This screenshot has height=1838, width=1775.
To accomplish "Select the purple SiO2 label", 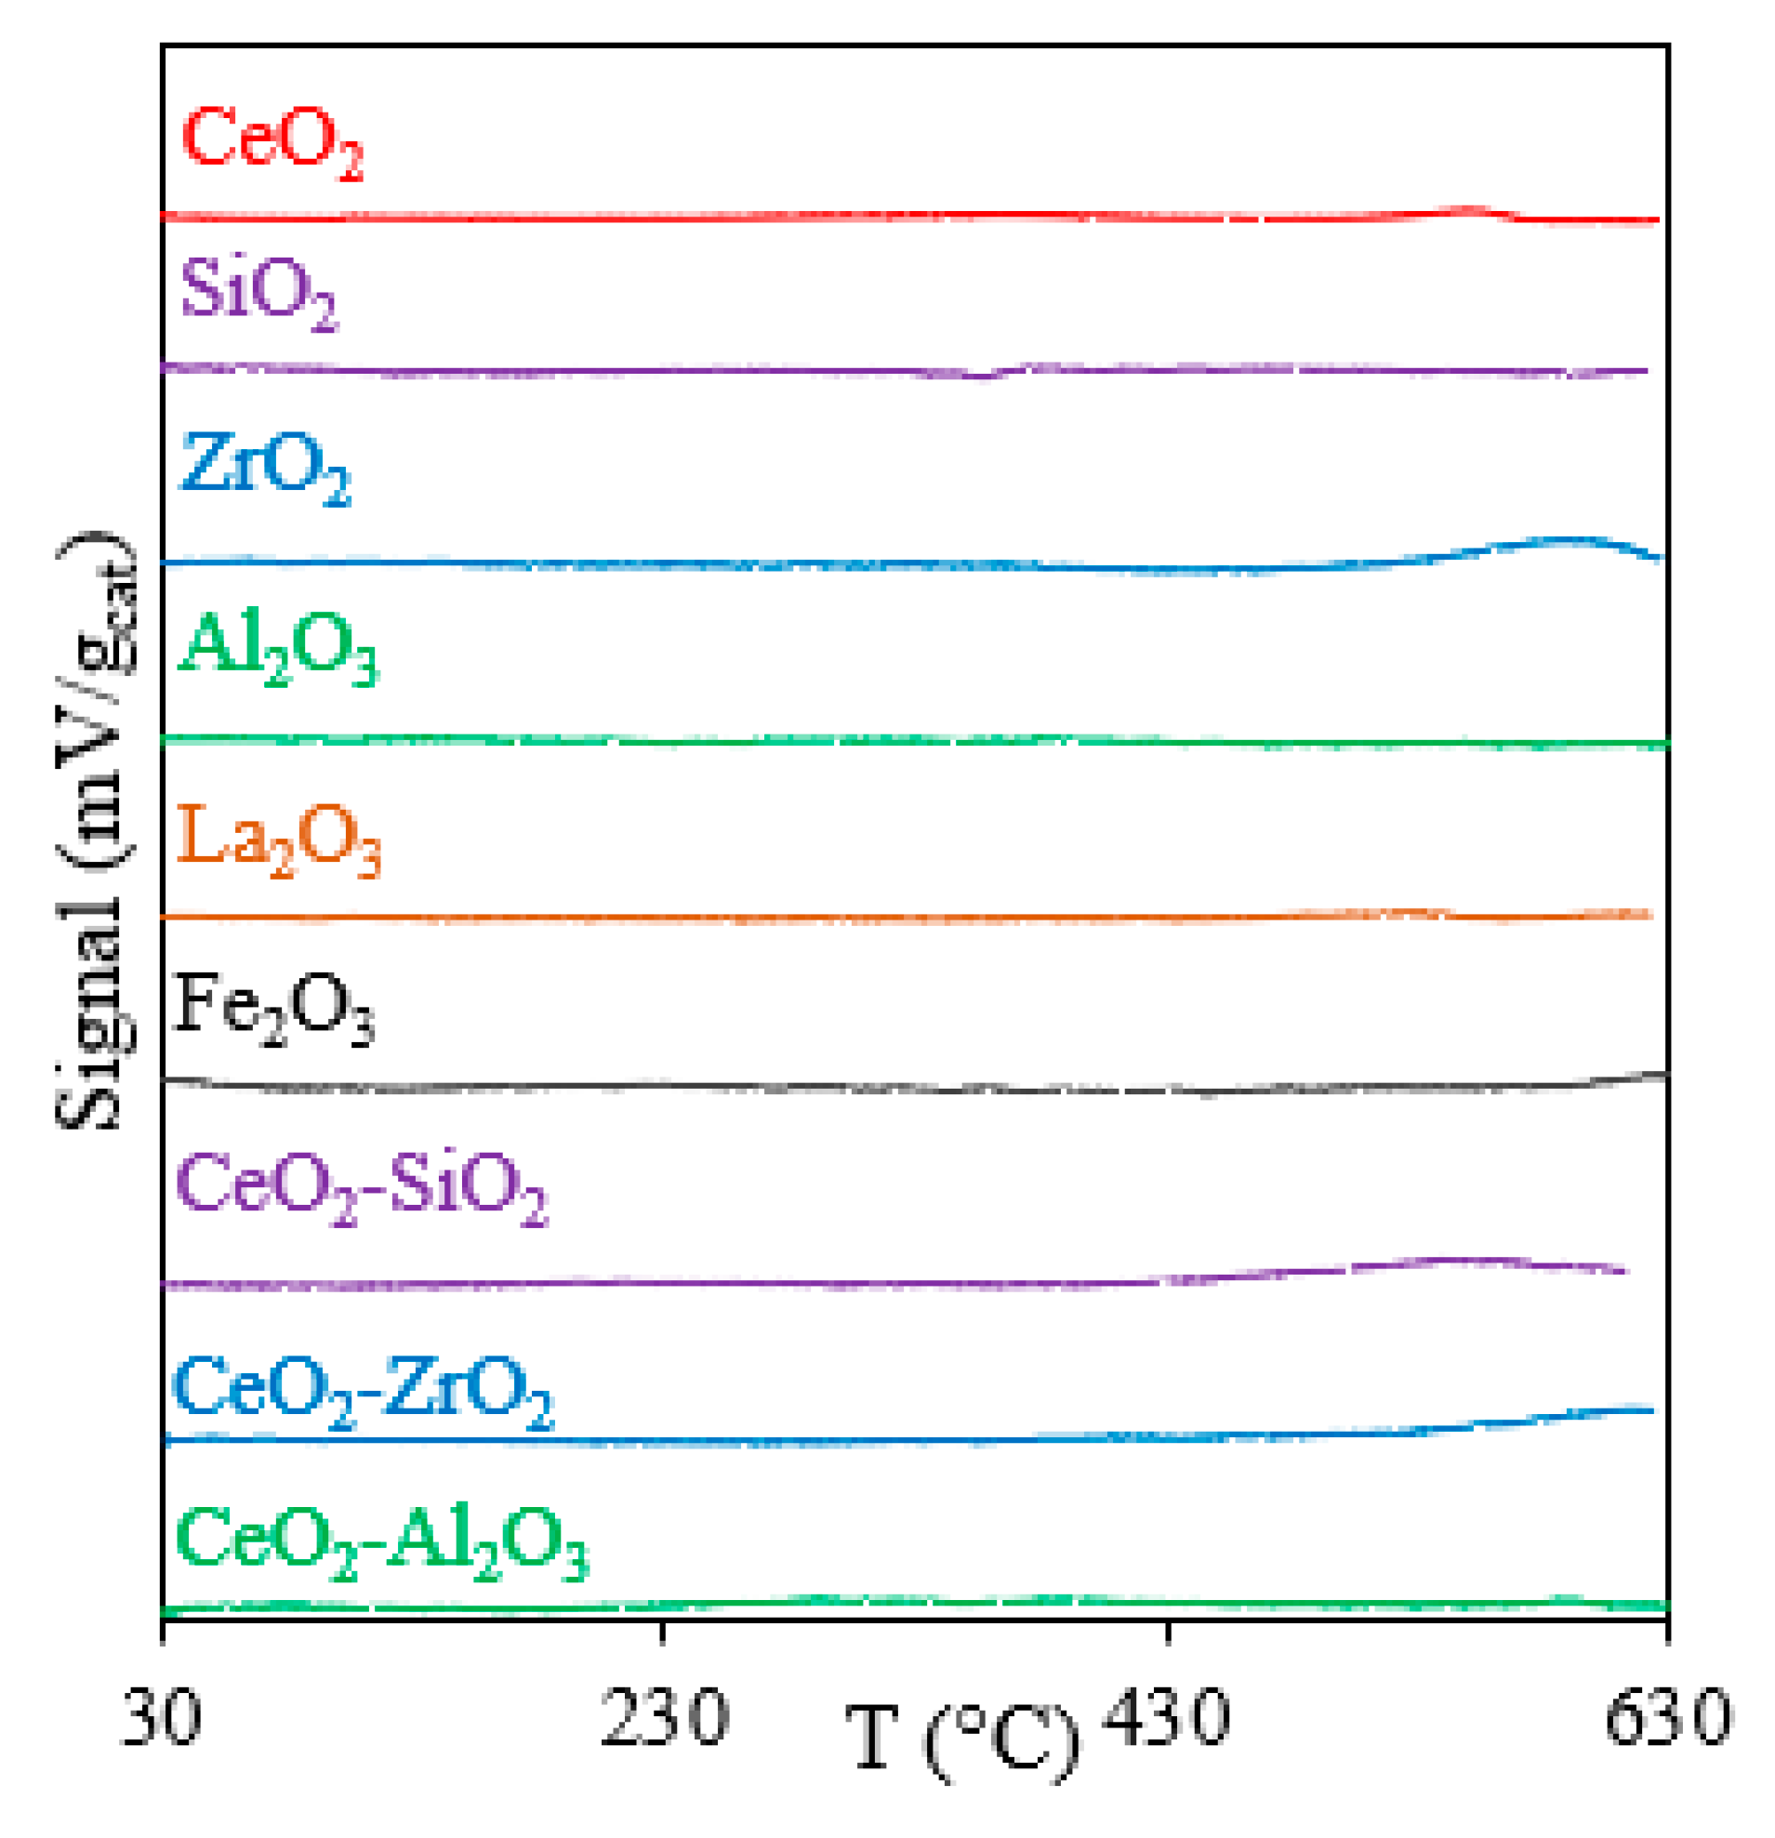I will click(258, 292).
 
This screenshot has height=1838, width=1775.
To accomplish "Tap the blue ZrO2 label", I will click(264, 466).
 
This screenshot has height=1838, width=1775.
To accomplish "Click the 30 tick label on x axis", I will click(161, 1718).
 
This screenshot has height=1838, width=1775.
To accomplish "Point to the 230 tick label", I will click(664, 1718).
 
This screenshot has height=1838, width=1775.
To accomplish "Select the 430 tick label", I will click(1166, 1718).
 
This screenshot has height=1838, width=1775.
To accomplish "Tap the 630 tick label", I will click(1668, 1718).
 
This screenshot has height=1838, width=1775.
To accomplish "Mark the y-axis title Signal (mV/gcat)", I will click(96, 830).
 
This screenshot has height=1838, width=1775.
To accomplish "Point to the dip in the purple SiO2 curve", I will click(982, 377).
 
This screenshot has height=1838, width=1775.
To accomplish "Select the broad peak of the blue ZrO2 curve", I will click(1566, 540).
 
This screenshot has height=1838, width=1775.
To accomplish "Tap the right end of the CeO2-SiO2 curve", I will click(1625, 1272).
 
